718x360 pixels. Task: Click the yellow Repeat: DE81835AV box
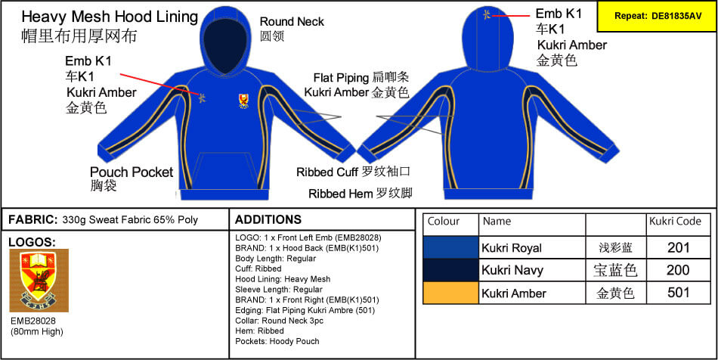[x=657, y=16]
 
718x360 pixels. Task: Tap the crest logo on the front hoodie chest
[x=243, y=101]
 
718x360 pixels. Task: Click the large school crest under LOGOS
[x=39, y=281]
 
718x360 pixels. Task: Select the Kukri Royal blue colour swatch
[x=450, y=248]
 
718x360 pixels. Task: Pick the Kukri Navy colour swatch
[x=450, y=270]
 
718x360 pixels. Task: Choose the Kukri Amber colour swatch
[x=450, y=292]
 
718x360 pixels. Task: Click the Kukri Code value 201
[x=678, y=248]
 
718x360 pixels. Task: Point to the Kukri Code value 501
[x=678, y=292]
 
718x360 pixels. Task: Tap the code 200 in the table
[x=678, y=270]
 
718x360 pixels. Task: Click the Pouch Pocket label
[x=132, y=172]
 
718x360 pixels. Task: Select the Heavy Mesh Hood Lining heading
[x=110, y=17]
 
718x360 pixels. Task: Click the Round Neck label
[x=292, y=21]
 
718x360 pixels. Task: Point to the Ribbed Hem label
[x=341, y=194]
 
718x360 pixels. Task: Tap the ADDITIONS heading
[x=268, y=219]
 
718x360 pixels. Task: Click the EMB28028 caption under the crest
[x=33, y=321]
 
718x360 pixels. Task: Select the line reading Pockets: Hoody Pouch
[x=277, y=341]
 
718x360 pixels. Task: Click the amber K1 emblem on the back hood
[x=487, y=14]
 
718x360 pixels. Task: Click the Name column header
[x=497, y=222]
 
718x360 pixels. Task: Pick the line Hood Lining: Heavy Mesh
[x=283, y=279]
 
